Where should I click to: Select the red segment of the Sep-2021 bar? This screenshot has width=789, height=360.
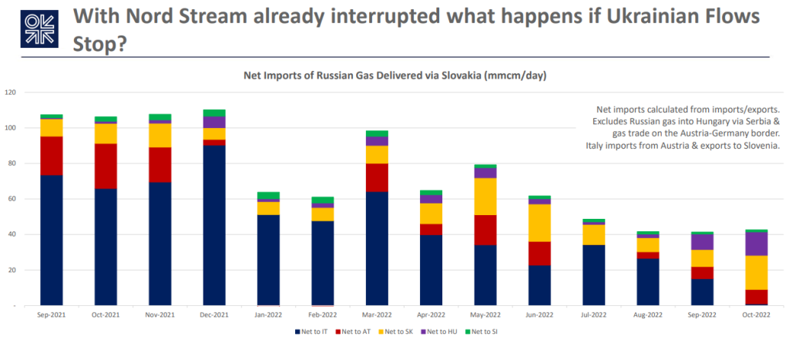pyautogui.click(x=51, y=156)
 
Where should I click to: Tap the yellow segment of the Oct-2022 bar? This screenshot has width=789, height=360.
pyautogui.click(x=756, y=272)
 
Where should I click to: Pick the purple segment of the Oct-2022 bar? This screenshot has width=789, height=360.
pyautogui.click(x=756, y=244)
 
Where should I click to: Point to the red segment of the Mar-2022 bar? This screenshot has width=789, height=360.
pyautogui.click(x=376, y=177)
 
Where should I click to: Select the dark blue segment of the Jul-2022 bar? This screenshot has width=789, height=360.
pyautogui.click(x=593, y=274)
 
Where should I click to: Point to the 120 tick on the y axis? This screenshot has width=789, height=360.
pyautogui.click(x=11, y=93)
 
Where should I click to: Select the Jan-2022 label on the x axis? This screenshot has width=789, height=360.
pyautogui.click(x=267, y=315)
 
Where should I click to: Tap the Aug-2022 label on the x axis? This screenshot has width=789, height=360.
pyautogui.click(x=647, y=315)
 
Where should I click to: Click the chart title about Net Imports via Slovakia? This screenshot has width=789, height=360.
pyautogui.click(x=394, y=75)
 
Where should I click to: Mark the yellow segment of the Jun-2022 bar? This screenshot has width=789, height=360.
pyautogui.click(x=539, y=223)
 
